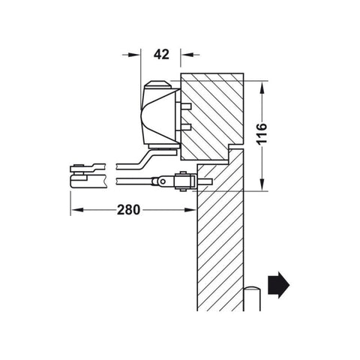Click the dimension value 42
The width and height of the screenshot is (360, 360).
pyautogui.click(x=160, y=54)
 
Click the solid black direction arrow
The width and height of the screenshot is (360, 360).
pyautogui.click(x=279, y=285)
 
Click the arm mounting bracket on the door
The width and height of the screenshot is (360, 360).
pyautogui.click(x=181, y=181)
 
